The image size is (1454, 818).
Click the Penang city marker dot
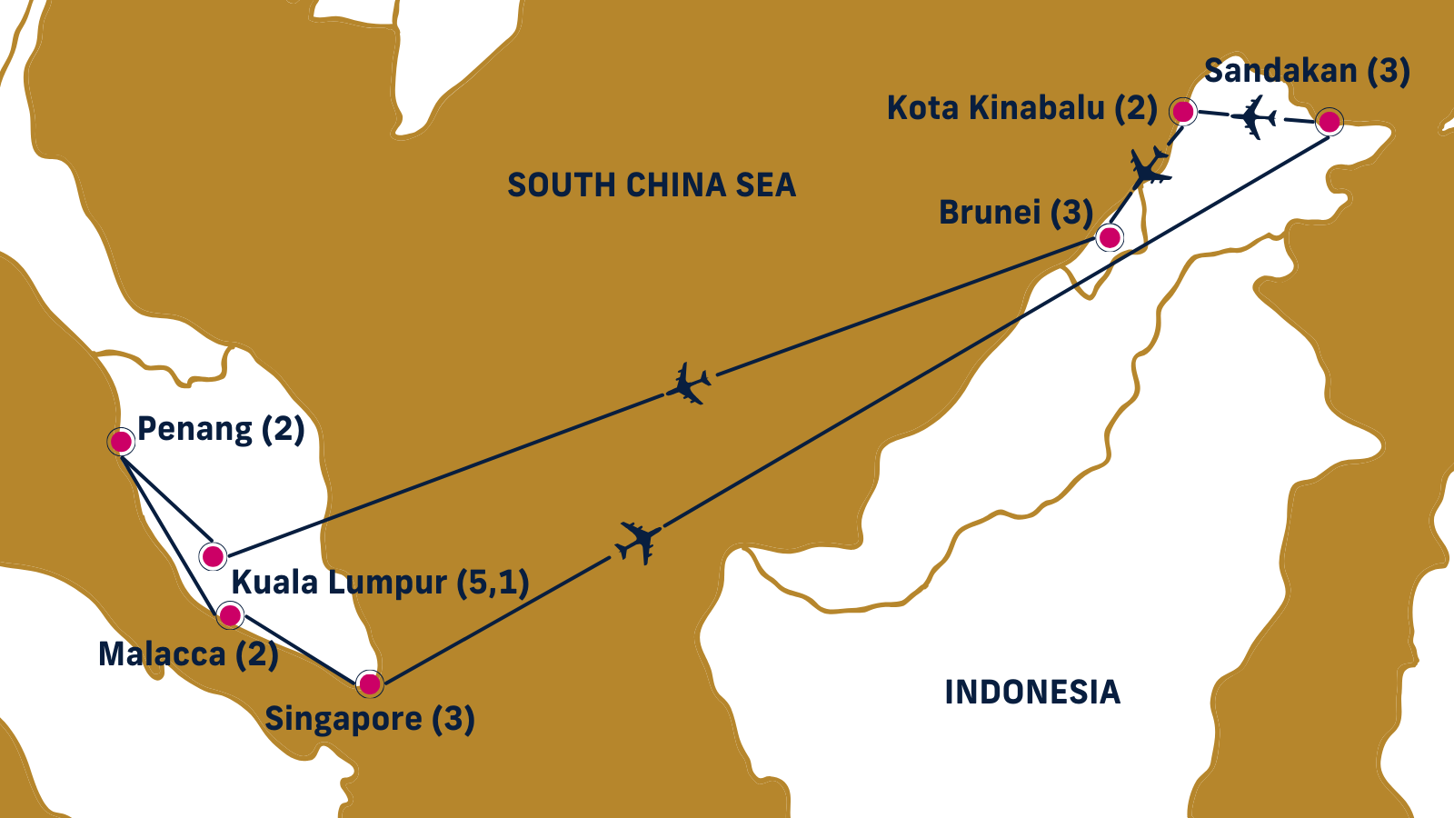pos(121,442)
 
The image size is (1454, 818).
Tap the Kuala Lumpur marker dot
pos(213,555)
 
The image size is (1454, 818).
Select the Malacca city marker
pos(231,615)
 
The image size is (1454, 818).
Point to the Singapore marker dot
pos(370,683)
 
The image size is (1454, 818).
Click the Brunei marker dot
pos(1110,237)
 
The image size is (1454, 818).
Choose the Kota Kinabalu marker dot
pos(1182,112)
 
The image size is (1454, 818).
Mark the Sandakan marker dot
pos(1330,121)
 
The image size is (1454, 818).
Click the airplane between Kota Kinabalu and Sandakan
pos(1255,117)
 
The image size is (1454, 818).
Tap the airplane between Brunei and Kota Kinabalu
pos(1148,168)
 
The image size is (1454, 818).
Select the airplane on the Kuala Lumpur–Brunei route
pos(689,384)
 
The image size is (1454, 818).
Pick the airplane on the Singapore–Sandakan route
pos(638,542)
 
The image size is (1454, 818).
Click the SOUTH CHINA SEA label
pos(652,185)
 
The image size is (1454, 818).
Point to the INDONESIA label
pos(1032,693)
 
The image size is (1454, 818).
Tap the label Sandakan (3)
pos(1307,71)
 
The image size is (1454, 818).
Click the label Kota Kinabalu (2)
pos(1021,108)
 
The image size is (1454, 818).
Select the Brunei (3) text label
pos(1016,213)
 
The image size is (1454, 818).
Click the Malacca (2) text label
pos(188,654)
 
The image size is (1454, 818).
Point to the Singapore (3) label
pos(370,719)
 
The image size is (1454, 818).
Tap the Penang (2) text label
pos(221,428)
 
